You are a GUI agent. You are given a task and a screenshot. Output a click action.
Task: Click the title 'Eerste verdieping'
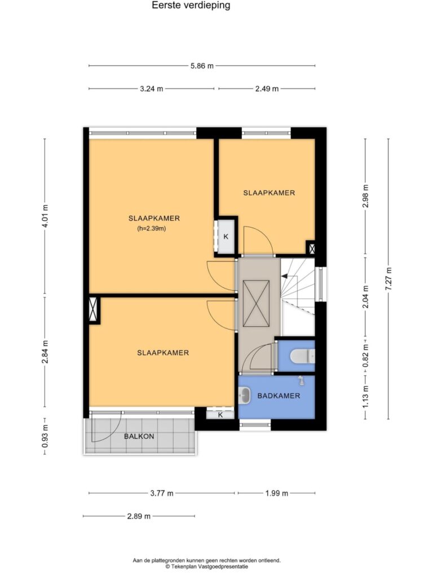[x=191, y=6]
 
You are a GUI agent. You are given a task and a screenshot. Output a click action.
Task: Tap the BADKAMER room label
[x=279, y=396]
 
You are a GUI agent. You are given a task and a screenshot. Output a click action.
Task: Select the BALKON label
[x=139, y=437]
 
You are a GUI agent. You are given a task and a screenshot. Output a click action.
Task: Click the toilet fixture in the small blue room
[x=302, y=356]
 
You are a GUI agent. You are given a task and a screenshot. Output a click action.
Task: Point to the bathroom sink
[x=244, y=396]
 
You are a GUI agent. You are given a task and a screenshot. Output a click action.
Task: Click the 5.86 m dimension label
[x=202, y=66]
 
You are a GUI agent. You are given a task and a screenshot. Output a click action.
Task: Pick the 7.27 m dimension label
[x=388, y=279]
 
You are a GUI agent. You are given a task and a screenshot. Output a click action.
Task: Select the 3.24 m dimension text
[x=151, y=88]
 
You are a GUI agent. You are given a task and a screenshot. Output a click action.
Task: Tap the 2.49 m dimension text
[x=267, y=88]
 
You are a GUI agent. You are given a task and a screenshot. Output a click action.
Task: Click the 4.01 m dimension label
[x=46, y=216]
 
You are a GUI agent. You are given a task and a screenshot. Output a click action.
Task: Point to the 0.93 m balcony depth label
[x=45, y=437]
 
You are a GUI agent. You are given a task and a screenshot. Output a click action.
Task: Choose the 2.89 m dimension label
[x=139, y=516]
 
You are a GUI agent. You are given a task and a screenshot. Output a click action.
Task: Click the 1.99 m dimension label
[x=276, y=494]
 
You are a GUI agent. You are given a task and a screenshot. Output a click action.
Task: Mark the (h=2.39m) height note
[x=151, y=229]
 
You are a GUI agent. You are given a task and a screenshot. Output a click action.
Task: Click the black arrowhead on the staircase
[x=284, y=276]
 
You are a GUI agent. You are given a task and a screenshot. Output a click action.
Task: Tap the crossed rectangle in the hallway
[x=257, y=303]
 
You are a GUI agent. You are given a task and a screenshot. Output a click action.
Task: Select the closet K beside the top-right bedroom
[x=226, y=236]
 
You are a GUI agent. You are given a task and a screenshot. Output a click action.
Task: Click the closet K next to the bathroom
[x=220, y=415]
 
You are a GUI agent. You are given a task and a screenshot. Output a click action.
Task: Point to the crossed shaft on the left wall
[x=95, y=309]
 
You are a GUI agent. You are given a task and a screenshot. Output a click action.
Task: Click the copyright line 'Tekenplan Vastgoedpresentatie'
[x=206, y=567]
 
